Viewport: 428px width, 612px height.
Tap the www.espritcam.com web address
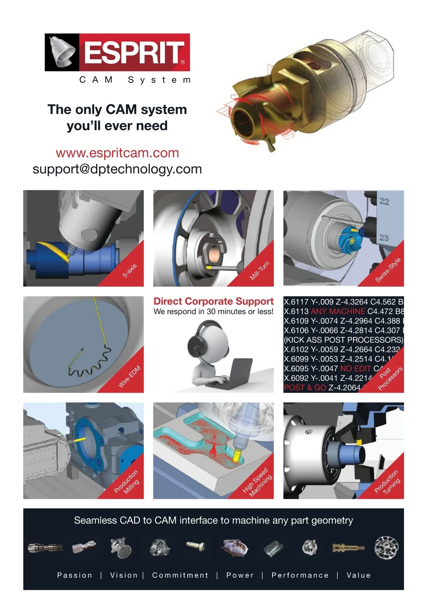pos(117,153)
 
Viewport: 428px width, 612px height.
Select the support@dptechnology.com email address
pos(117,169)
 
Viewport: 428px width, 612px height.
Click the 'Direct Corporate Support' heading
pos(213,301)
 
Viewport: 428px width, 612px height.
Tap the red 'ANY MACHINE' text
pos(338,311)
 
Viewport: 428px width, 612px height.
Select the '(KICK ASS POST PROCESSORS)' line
pos(343,340)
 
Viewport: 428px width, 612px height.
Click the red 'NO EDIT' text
pos(355,368)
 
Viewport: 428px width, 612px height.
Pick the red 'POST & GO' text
pos(305,388)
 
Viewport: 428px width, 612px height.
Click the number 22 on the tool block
pos(384,201)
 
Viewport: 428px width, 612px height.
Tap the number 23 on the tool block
pos(384,238)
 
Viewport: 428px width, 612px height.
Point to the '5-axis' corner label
pos(129,271)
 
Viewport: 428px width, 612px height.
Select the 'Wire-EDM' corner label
pos(129,376)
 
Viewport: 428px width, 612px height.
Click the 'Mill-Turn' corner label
pos(260,271)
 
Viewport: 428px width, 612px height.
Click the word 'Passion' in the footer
pos(75,575)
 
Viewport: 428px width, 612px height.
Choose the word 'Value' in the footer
pos(359,575)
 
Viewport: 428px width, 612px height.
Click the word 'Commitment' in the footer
pos(180,575)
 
